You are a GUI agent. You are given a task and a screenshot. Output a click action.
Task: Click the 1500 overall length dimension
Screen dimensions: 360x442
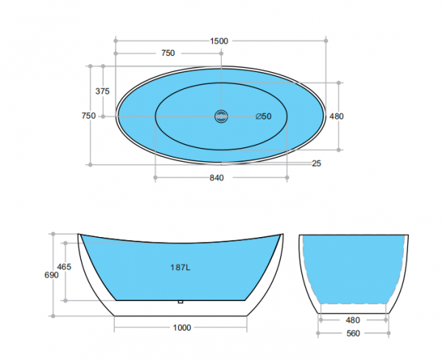(x=219, y=41)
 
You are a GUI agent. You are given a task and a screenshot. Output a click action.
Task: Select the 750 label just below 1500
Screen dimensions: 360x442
(x=168, y=53)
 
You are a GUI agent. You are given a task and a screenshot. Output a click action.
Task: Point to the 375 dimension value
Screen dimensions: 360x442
(x=103, y=91)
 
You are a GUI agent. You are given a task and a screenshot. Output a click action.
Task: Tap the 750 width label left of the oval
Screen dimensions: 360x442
(x=88, y=116)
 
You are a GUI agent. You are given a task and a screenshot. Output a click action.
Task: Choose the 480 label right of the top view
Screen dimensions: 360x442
(x=337, y=116)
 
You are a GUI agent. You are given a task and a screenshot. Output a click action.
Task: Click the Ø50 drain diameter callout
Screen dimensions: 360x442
(x=263, y=116)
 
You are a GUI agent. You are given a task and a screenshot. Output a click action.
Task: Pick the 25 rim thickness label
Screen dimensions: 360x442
(x=317, y=163)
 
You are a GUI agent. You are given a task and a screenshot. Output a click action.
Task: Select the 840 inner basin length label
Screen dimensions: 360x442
(x=217, y=177)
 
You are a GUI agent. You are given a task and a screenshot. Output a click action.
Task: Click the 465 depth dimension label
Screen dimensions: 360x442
(x=64, y=267)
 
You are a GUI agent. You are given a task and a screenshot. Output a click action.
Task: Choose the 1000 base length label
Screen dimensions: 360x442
(x=182, y=328)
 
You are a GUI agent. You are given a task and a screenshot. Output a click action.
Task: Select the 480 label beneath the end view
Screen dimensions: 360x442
(x=354, y=320)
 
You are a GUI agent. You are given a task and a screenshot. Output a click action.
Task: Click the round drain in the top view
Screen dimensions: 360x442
(x=221, y=116)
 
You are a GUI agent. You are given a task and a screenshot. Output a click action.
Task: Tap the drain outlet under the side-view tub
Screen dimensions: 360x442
(x=180, y=302)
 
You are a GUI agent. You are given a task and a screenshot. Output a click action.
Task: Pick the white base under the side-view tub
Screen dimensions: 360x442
(x=182, y=309)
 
